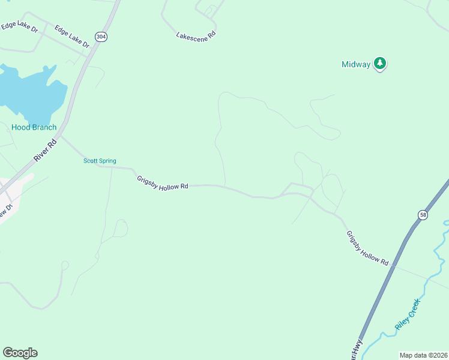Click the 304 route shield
101,37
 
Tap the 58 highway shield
423,215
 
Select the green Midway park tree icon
379,63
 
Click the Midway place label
356,64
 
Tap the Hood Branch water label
34,127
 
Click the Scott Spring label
99,161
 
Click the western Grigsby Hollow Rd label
162,182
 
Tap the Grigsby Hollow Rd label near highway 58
367,248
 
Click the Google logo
20,352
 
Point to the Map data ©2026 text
423,355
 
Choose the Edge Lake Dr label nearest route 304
71,36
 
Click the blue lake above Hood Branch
30,93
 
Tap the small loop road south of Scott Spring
121,227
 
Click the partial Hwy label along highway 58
357,350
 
